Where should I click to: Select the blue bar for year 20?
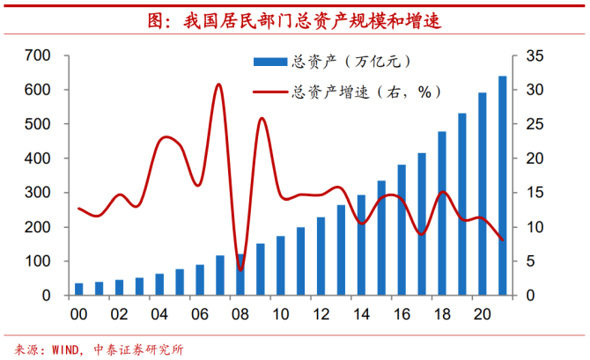(482, 194)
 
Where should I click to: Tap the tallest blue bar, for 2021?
(502, 186)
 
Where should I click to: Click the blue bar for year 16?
(401, 230)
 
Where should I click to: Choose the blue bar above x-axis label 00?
(78, 290)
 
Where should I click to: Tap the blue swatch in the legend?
(269, 62)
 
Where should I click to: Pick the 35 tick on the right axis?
(535, 56)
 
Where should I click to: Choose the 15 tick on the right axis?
(535, 193)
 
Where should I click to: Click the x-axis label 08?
(240, 315)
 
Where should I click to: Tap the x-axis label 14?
(360, 315)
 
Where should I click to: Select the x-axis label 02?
(119, 315)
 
